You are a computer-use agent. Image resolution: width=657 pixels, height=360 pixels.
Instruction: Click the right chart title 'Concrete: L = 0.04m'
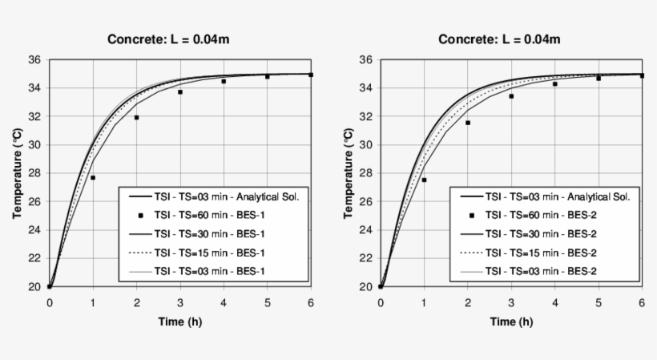499,39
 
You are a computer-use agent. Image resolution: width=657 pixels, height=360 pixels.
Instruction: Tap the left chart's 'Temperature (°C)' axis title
17,173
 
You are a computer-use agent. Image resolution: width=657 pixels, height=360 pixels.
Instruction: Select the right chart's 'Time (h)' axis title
511,322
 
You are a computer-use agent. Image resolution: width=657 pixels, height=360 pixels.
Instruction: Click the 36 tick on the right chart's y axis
365,59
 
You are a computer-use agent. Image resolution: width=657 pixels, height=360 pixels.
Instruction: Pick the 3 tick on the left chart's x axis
180,302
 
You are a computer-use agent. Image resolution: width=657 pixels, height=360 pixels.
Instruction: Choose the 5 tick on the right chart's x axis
598,302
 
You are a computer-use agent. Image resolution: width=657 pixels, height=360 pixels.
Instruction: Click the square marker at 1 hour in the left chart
93,177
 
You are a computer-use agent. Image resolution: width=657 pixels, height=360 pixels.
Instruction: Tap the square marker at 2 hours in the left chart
136,118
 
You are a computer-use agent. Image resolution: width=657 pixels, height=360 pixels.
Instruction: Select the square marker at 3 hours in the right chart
511,96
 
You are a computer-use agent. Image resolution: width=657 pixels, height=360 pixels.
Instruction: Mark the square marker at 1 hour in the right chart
424,180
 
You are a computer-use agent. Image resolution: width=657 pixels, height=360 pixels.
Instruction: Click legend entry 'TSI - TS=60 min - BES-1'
208,215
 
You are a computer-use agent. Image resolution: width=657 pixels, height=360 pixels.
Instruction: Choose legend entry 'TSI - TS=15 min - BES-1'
208,252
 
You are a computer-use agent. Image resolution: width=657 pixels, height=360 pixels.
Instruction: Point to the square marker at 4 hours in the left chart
224,81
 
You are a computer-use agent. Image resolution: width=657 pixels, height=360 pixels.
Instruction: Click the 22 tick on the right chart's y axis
365,258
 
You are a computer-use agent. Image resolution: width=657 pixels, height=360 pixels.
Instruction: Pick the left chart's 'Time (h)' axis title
180,322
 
